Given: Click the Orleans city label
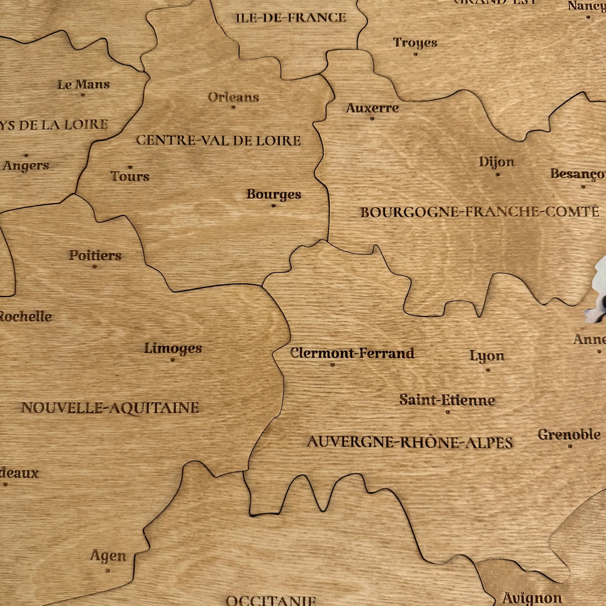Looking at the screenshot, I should (233, 98).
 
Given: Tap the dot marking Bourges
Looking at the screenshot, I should (274, 206).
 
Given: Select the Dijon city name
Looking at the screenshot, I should (497, 162).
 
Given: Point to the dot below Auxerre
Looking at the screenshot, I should (372, 119).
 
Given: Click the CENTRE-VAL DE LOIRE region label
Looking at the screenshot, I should (218, 140).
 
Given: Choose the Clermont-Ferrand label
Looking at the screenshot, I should (352, 353).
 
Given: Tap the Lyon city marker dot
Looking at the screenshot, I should (488, 370).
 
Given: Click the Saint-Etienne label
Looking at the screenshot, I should (447, 400).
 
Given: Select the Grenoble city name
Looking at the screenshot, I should (569, 434).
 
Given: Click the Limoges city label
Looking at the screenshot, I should (173, 348).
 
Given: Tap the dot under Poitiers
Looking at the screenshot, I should (95, 267).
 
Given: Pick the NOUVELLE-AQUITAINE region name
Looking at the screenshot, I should (110, 408).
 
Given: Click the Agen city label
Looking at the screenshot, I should (108, 556).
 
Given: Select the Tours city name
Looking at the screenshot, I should (130, 176).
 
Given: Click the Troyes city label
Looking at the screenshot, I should (415, 43).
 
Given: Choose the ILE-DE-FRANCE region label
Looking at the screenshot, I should (291, 18).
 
